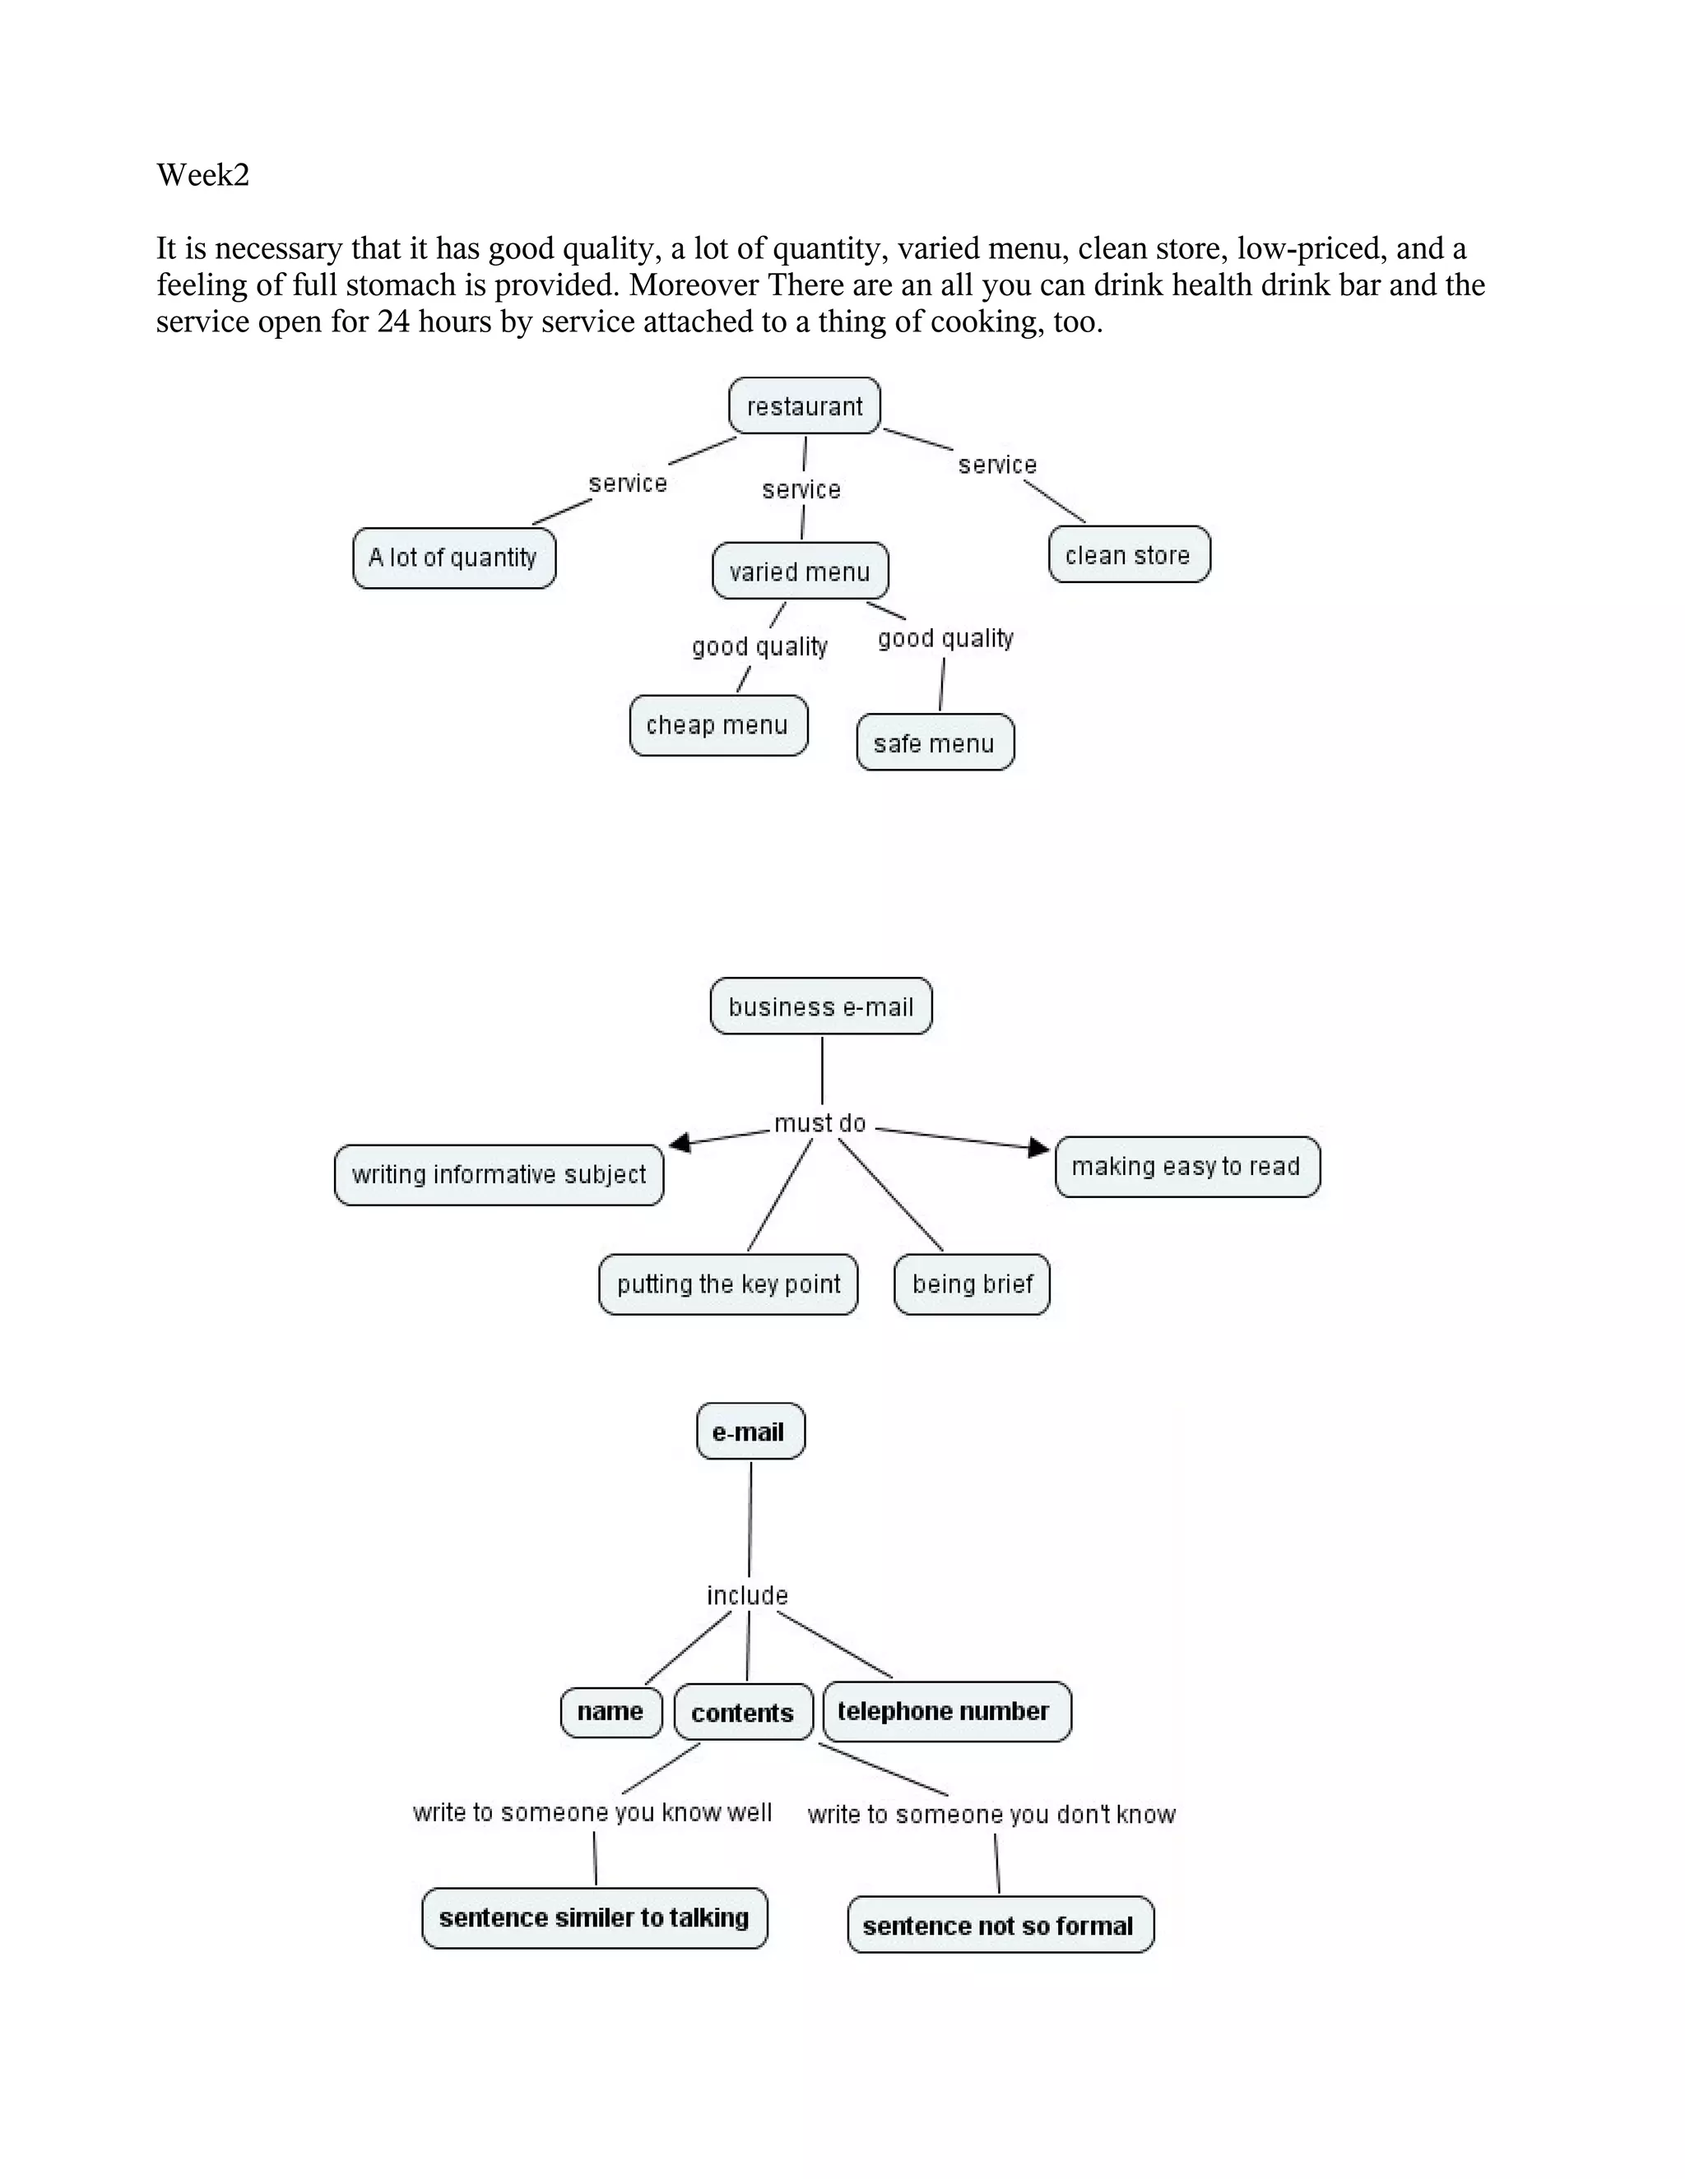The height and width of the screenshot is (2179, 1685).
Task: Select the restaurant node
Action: pos(805,406)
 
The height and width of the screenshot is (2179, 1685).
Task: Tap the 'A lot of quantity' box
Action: pos(453,557)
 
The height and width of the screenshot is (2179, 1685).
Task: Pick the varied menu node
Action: pos(800,571)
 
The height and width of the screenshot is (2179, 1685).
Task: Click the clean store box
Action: pos(1129,555)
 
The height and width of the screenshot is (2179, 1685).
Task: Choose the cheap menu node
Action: pos(717,725)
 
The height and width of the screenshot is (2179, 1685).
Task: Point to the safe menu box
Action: pos(935,743)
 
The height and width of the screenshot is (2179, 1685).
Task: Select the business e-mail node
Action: pos(820,1006)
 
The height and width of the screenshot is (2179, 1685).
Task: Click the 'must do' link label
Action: pos(820,1123)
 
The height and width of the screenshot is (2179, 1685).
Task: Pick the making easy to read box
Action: pos(1187,1166)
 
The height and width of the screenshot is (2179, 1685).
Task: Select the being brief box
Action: pos(972,1284)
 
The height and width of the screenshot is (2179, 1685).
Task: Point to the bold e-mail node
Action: pos(750,1432)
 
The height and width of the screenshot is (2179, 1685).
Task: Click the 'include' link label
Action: pos(748,1595)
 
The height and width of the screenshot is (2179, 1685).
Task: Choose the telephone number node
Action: pos(945,1712)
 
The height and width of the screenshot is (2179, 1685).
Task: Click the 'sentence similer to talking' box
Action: pos(595,1918)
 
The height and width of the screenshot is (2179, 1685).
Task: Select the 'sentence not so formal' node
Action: pos(1000,1926)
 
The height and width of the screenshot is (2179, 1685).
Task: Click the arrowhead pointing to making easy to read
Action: pos(1039,1147)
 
